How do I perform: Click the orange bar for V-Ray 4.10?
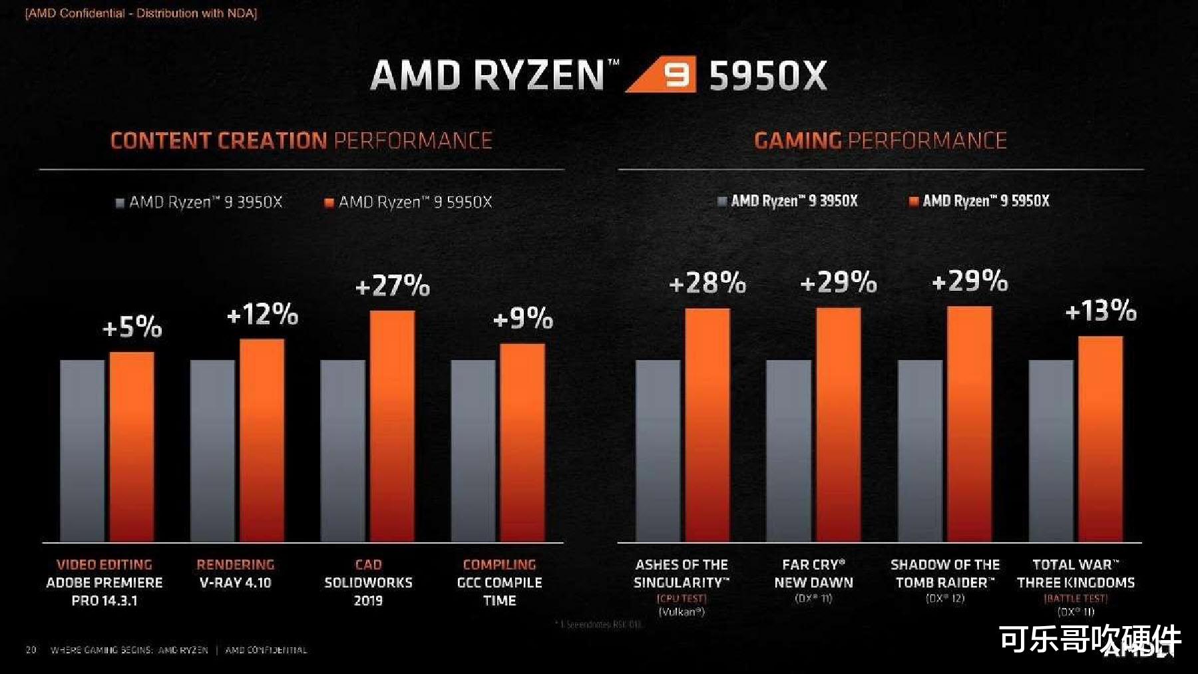262,440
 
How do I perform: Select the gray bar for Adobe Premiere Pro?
82,450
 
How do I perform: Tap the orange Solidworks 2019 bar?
392,426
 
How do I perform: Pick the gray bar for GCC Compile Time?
473,450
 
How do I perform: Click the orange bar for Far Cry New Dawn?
838,424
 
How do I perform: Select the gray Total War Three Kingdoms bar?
1051,450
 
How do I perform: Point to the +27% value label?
393,286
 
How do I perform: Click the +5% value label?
132,327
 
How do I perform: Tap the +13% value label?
1101,311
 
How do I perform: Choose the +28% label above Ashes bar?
707,283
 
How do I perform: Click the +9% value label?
523,319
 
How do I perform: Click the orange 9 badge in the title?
676,75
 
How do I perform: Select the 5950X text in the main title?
768,75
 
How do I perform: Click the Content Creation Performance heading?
301,140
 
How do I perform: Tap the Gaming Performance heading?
880,140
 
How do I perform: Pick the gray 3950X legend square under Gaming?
722,201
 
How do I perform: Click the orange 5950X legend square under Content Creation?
329,203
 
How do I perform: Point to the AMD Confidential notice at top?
141,13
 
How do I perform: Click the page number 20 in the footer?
31,649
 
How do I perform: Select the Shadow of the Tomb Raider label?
944,574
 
